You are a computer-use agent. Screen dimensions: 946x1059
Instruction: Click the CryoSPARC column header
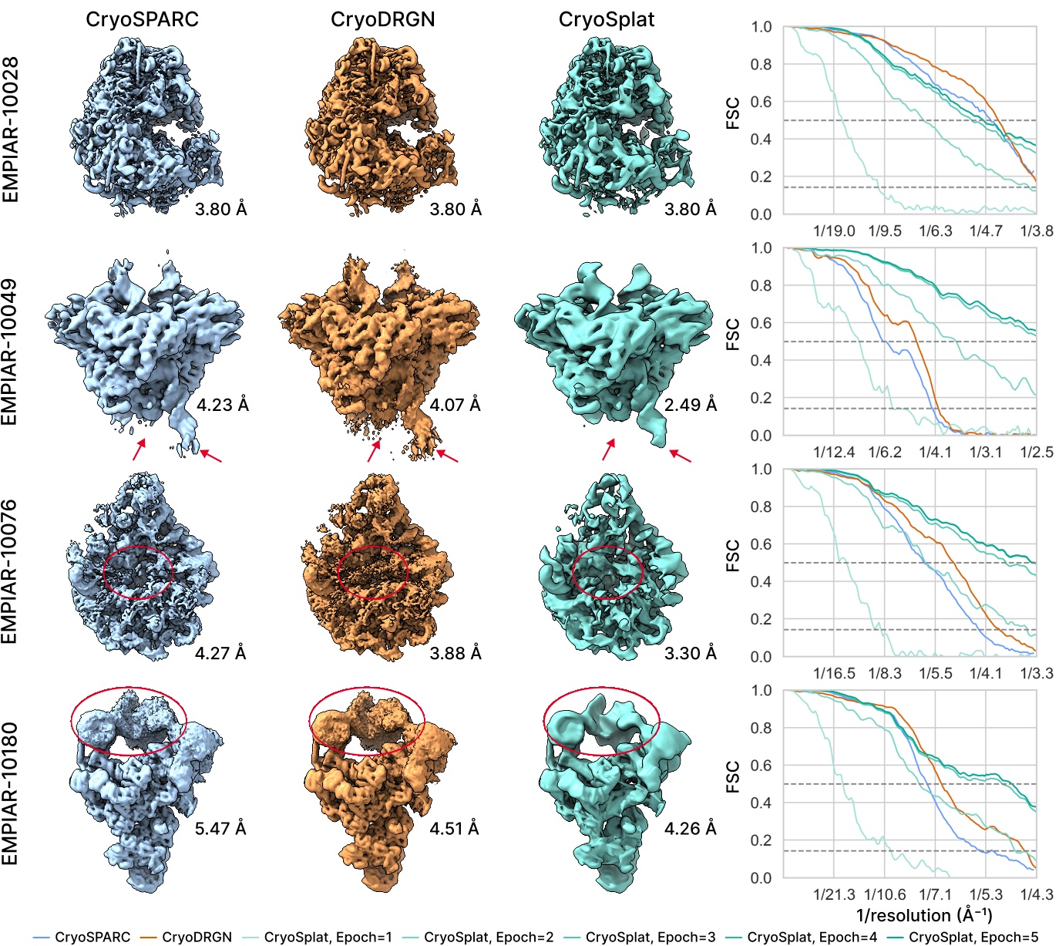(142, 19)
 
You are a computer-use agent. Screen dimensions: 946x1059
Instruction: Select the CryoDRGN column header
(382, 19)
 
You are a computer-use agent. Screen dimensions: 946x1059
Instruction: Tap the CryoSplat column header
(606, 19)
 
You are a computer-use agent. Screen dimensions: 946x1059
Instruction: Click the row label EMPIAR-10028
(11, 130)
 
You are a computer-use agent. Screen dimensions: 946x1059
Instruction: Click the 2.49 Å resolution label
(691, 405)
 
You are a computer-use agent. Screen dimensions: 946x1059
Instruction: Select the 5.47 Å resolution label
(220, 829)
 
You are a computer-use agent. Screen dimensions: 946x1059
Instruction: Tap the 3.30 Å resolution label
(691, 653)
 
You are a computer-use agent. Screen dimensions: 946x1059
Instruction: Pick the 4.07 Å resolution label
(455, 405)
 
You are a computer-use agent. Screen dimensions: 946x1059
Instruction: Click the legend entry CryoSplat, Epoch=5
(973, 937)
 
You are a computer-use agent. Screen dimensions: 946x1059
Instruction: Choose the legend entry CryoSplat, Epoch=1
(328, 937)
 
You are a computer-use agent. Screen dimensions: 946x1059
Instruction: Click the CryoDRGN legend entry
(197, 937)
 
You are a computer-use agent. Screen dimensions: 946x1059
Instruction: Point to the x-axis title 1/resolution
(924, 915)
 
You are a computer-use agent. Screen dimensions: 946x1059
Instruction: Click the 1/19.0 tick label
(834, 231)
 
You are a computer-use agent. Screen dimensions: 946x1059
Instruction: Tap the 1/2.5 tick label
(1037, 452)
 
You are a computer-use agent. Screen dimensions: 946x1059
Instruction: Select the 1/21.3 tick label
(834, 894)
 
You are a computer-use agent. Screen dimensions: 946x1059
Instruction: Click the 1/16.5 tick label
(834, 673)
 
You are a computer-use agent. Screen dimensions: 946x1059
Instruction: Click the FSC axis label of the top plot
(733, 113)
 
